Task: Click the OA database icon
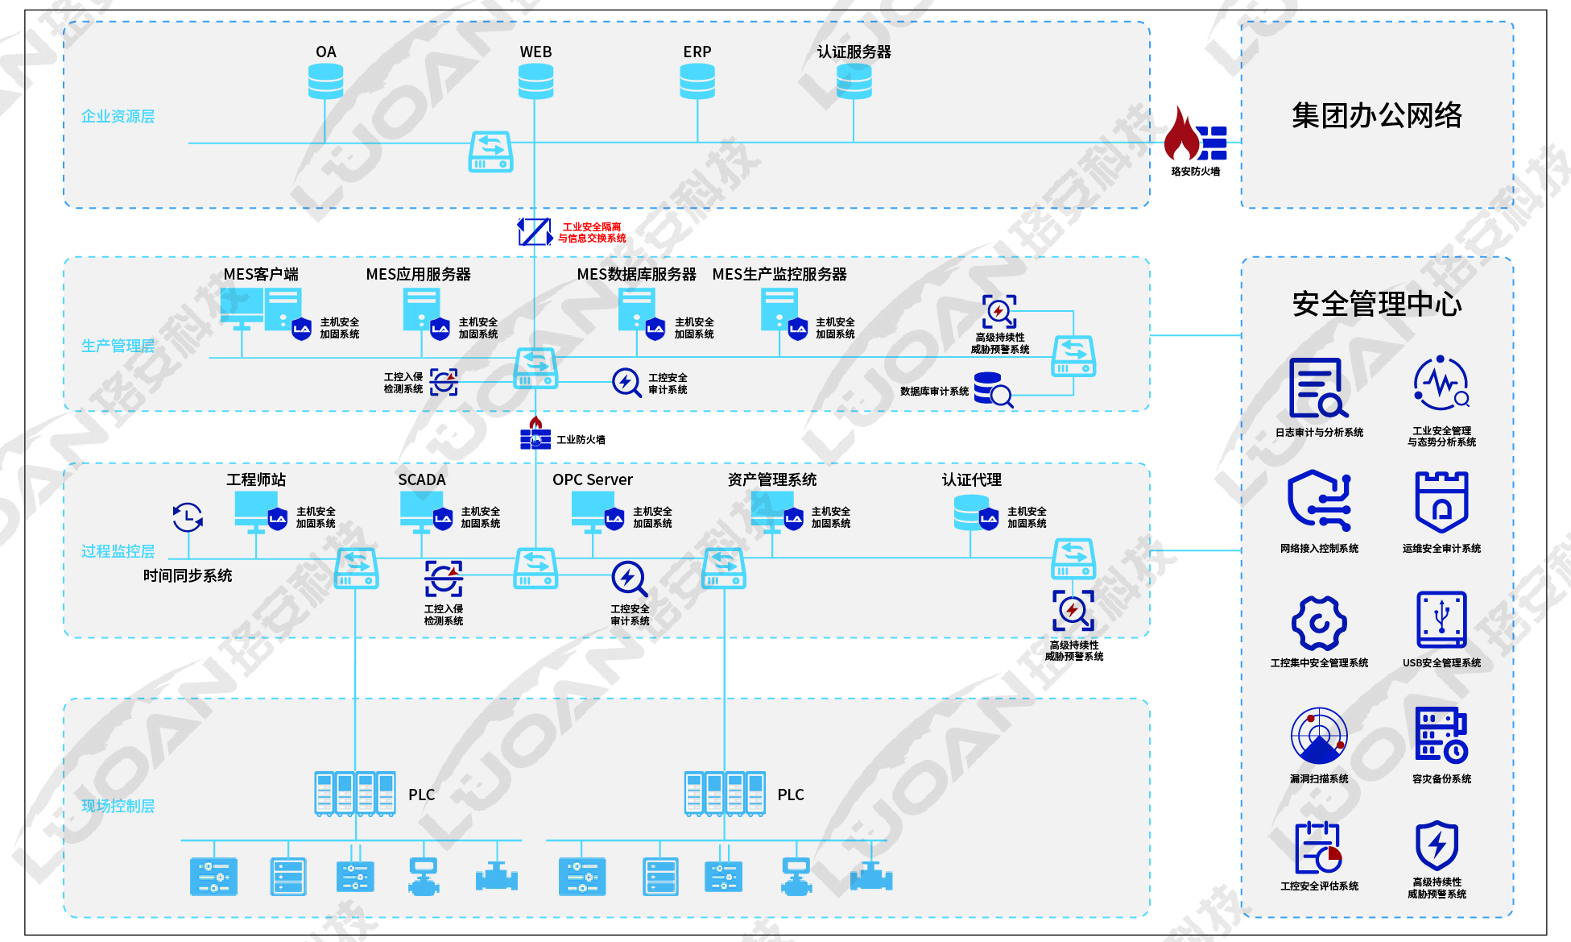point(325,81)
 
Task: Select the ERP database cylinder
point(697,81)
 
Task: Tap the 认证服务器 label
point(854,52)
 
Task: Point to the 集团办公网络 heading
point(1377,115)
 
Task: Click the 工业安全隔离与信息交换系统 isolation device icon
point(535,232)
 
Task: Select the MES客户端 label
point(261,274)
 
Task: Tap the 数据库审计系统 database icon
point(993,390)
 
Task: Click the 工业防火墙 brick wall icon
point(535,434)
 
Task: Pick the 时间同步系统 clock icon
point(188,517)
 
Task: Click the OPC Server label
point(593,479)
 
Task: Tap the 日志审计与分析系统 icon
point(1318,388)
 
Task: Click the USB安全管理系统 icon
point(1441,620)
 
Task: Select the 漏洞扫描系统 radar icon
point(1319,736)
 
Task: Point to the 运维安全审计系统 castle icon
point(1441,502)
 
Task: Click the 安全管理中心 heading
point(1377,304)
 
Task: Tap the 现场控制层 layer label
point(118,806)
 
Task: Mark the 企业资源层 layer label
point(118,116)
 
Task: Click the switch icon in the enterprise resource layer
point(490,151)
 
